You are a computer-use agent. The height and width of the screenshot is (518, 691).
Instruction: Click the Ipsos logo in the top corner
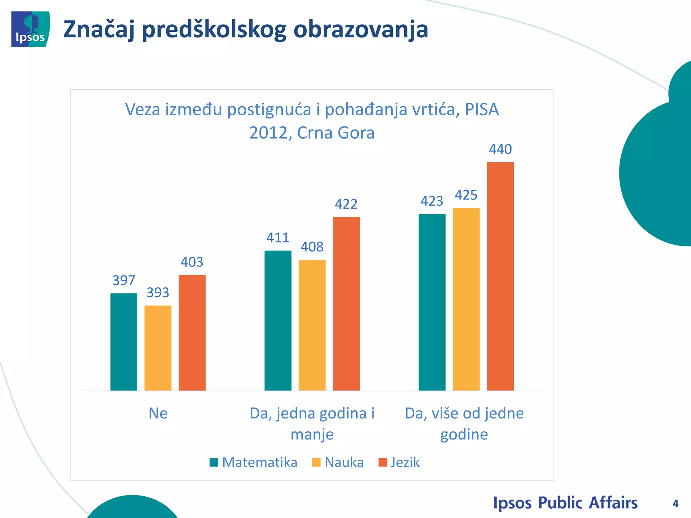(x=30, y=29)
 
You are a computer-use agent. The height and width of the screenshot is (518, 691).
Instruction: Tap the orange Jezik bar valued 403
(x=192, y=333)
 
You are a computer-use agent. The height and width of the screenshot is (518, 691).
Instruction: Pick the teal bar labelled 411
(x=278, y=320)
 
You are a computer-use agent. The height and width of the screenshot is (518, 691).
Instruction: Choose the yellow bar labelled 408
(x=312, y=325)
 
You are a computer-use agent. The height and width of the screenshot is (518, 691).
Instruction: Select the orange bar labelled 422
(x=346, y=304)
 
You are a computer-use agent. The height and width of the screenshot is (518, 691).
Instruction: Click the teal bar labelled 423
(x=432, y=302)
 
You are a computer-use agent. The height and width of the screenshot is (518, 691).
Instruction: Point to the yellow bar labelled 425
(x=466, y=299)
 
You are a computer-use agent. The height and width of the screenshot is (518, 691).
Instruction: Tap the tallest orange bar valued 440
(x=500, y=276)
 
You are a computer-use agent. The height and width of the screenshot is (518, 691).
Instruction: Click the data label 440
(x=500, y=149)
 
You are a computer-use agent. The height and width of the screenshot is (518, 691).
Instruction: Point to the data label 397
(x=123, y=280)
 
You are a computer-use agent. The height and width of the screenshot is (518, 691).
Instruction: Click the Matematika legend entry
(x=254, y=462)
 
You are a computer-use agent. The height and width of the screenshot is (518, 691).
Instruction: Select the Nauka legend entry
(x=338, y=462)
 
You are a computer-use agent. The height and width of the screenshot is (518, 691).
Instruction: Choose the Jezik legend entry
(x=399, y=462)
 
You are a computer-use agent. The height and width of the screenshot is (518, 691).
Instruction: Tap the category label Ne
(x=158, y=413)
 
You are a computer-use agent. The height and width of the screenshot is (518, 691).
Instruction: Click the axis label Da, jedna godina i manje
(x=312, y=424)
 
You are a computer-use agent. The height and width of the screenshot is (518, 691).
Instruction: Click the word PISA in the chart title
(x=481, y=110)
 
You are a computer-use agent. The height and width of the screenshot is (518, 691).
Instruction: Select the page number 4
(x=675, y=503)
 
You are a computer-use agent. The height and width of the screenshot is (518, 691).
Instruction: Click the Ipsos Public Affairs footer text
(x=565, y=503)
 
